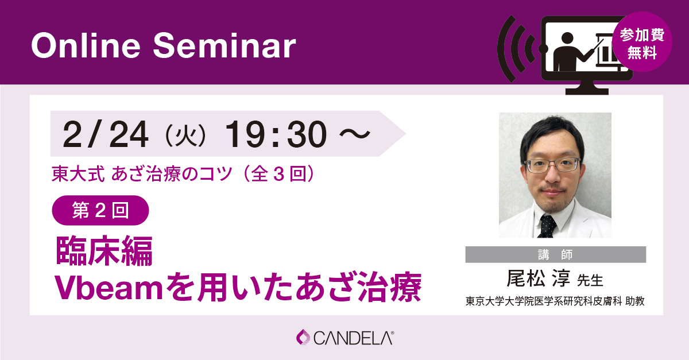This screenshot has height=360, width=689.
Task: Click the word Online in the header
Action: pos(86,45)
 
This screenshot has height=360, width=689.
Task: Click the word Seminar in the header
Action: pos(224,45)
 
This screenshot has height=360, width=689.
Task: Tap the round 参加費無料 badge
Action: pos(642,42)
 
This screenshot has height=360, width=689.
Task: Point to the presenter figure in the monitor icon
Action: pos(569,52)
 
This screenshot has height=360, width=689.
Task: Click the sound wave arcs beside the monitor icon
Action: pos(517,49)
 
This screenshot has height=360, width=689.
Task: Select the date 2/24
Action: pos(106,134)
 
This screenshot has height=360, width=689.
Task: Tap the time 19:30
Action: pos(276,134)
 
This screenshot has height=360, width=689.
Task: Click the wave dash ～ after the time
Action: pos(355,134)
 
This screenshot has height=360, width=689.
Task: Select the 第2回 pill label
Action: pos(100,211)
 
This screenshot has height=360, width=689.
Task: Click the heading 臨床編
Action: pos(104,251)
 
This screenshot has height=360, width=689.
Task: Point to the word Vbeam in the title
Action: pos(109,287)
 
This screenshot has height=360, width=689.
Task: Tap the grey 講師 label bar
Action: pos(556,254)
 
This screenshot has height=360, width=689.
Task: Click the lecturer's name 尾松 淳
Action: pos(539,278)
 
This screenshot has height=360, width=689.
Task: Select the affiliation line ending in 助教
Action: pos(555,301)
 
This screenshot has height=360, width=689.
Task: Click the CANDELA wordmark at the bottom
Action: pos(353,338)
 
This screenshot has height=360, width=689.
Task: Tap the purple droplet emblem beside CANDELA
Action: pos(303,337)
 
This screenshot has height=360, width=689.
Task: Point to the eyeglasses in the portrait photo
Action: pos(552,165)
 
